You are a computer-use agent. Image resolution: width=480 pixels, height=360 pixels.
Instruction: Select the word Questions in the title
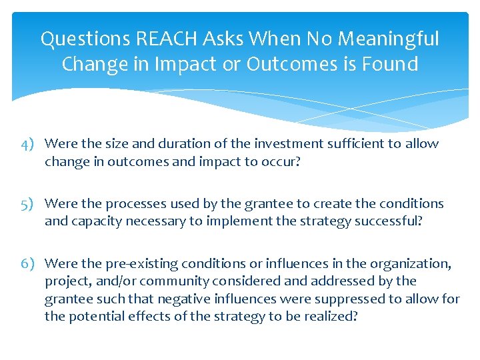point(85,39)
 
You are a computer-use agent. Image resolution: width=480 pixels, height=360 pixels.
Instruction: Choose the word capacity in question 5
point(93,221)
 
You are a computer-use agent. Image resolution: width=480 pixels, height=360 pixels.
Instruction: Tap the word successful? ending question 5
point(387,221)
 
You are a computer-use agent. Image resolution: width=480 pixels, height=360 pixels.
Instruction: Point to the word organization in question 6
point(411,264)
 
